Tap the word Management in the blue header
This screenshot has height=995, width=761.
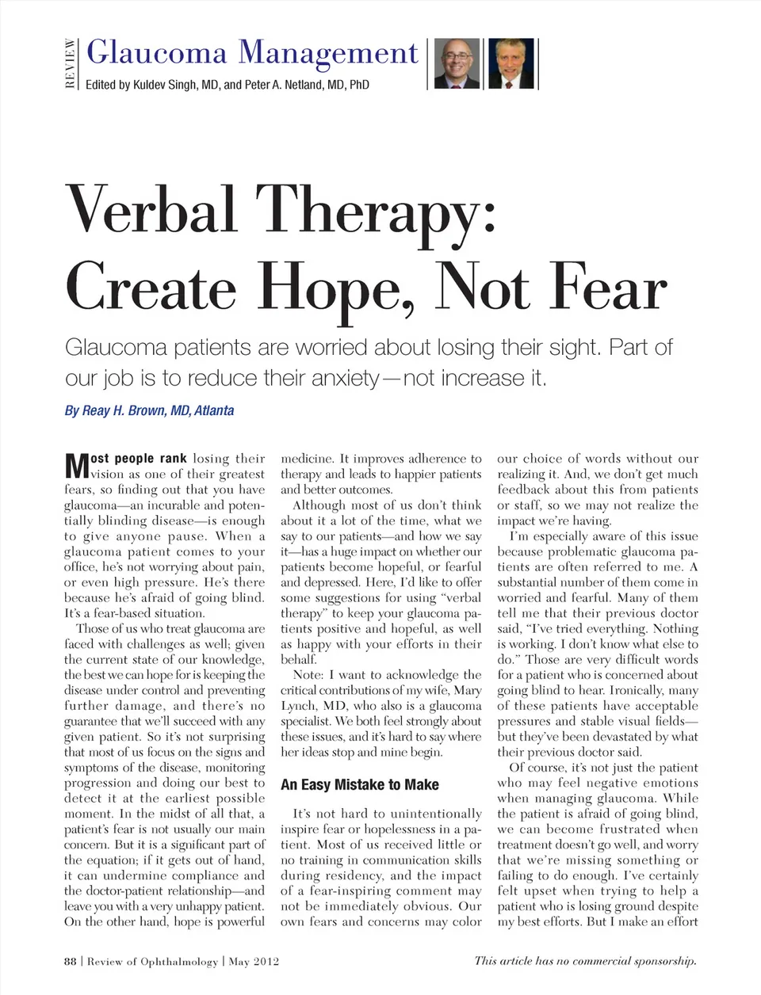(328, 53)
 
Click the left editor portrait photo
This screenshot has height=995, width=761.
(457, 63)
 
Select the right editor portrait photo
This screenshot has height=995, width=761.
(511, 63)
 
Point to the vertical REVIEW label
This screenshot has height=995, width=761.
(71, 63)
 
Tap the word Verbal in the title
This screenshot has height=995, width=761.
(151, 210)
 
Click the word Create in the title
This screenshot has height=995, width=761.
(151, 287)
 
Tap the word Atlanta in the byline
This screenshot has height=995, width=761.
(214, 410)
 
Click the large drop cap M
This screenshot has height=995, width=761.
(76, 466)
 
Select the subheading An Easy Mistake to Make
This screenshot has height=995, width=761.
(359, 784)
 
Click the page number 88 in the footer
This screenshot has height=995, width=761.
(71, 961)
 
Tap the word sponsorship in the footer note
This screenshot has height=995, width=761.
(661, 961)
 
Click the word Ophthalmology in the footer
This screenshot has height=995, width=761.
(178, 961)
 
